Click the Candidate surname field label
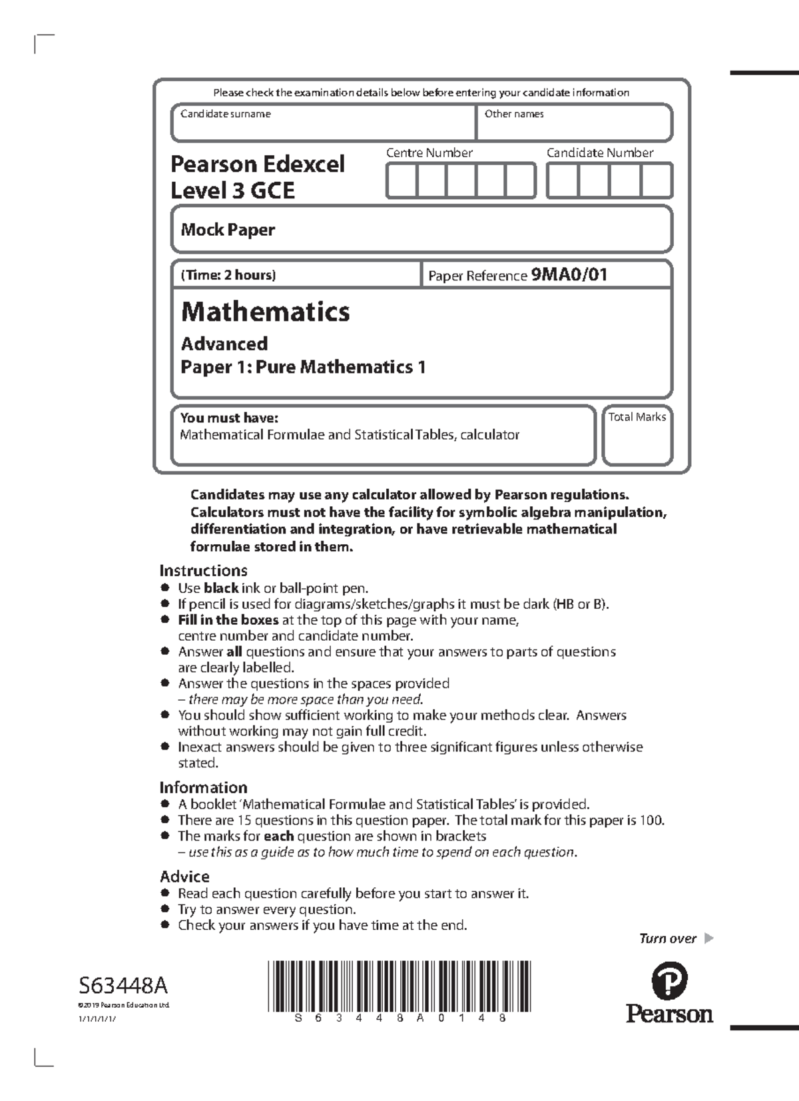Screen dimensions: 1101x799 [225, 114]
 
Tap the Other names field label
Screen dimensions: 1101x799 [513, 114]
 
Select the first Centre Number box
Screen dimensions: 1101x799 [401, 181]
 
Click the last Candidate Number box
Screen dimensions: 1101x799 [657, 181]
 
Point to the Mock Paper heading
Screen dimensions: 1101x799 [228, 230]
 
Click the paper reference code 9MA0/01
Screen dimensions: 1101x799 [569, 274]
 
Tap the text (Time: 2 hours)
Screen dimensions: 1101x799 [228, 274]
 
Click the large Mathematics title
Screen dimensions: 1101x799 [265, 312]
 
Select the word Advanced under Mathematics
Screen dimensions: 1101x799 [224, 344]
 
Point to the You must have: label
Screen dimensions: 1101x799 [229, 418]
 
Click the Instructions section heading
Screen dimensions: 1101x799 [203, 570]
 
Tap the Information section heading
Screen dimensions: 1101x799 [203, 787]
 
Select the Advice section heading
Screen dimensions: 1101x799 [184, 876]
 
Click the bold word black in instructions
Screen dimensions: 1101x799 [221, 588]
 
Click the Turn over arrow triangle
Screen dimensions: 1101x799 [708, 938]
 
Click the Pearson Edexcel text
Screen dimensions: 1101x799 [258, 164]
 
